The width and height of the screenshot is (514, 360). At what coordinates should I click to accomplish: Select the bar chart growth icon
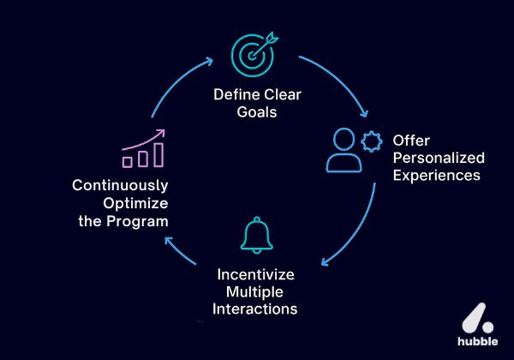click(142, 150)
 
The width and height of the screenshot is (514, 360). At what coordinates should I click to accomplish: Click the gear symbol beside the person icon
click(372, 139)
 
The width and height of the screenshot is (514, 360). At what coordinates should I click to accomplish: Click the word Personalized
click(439, 158)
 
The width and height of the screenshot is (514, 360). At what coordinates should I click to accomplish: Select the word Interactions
click(256, 309)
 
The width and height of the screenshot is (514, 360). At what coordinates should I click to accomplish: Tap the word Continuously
click(120, 185)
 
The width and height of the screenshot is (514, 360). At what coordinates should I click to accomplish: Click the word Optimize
click(134, 202)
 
